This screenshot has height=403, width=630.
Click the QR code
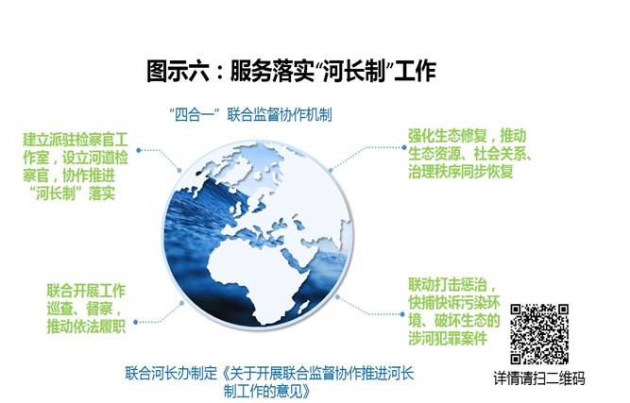[x=539, y=333]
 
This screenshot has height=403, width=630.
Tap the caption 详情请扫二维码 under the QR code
[x=539, y=378]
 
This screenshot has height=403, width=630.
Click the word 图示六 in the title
[x=178, y=71]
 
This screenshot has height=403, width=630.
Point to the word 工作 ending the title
[x=415, y=71]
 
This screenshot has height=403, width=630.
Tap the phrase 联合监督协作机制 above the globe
[x=280, y=115]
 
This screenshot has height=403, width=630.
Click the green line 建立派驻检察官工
[x=76, y=140]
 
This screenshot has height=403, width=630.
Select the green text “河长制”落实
[x=73, y=193]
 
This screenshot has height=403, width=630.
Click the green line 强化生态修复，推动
[x=468, y=136]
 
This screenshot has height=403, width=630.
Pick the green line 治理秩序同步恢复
[x=461, y=172]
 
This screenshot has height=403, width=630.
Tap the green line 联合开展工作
[x=86, y=291]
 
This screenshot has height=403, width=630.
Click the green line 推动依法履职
[x=86, y=326]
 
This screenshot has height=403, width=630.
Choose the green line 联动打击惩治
[x=452, y=285]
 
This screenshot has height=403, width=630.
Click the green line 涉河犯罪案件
[x=448, y=338]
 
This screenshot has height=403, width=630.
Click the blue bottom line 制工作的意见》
[x=267, y=391]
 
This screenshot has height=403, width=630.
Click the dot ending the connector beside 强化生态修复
[x=403, y=148]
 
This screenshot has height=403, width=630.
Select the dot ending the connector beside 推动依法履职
[x=136, y=322]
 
